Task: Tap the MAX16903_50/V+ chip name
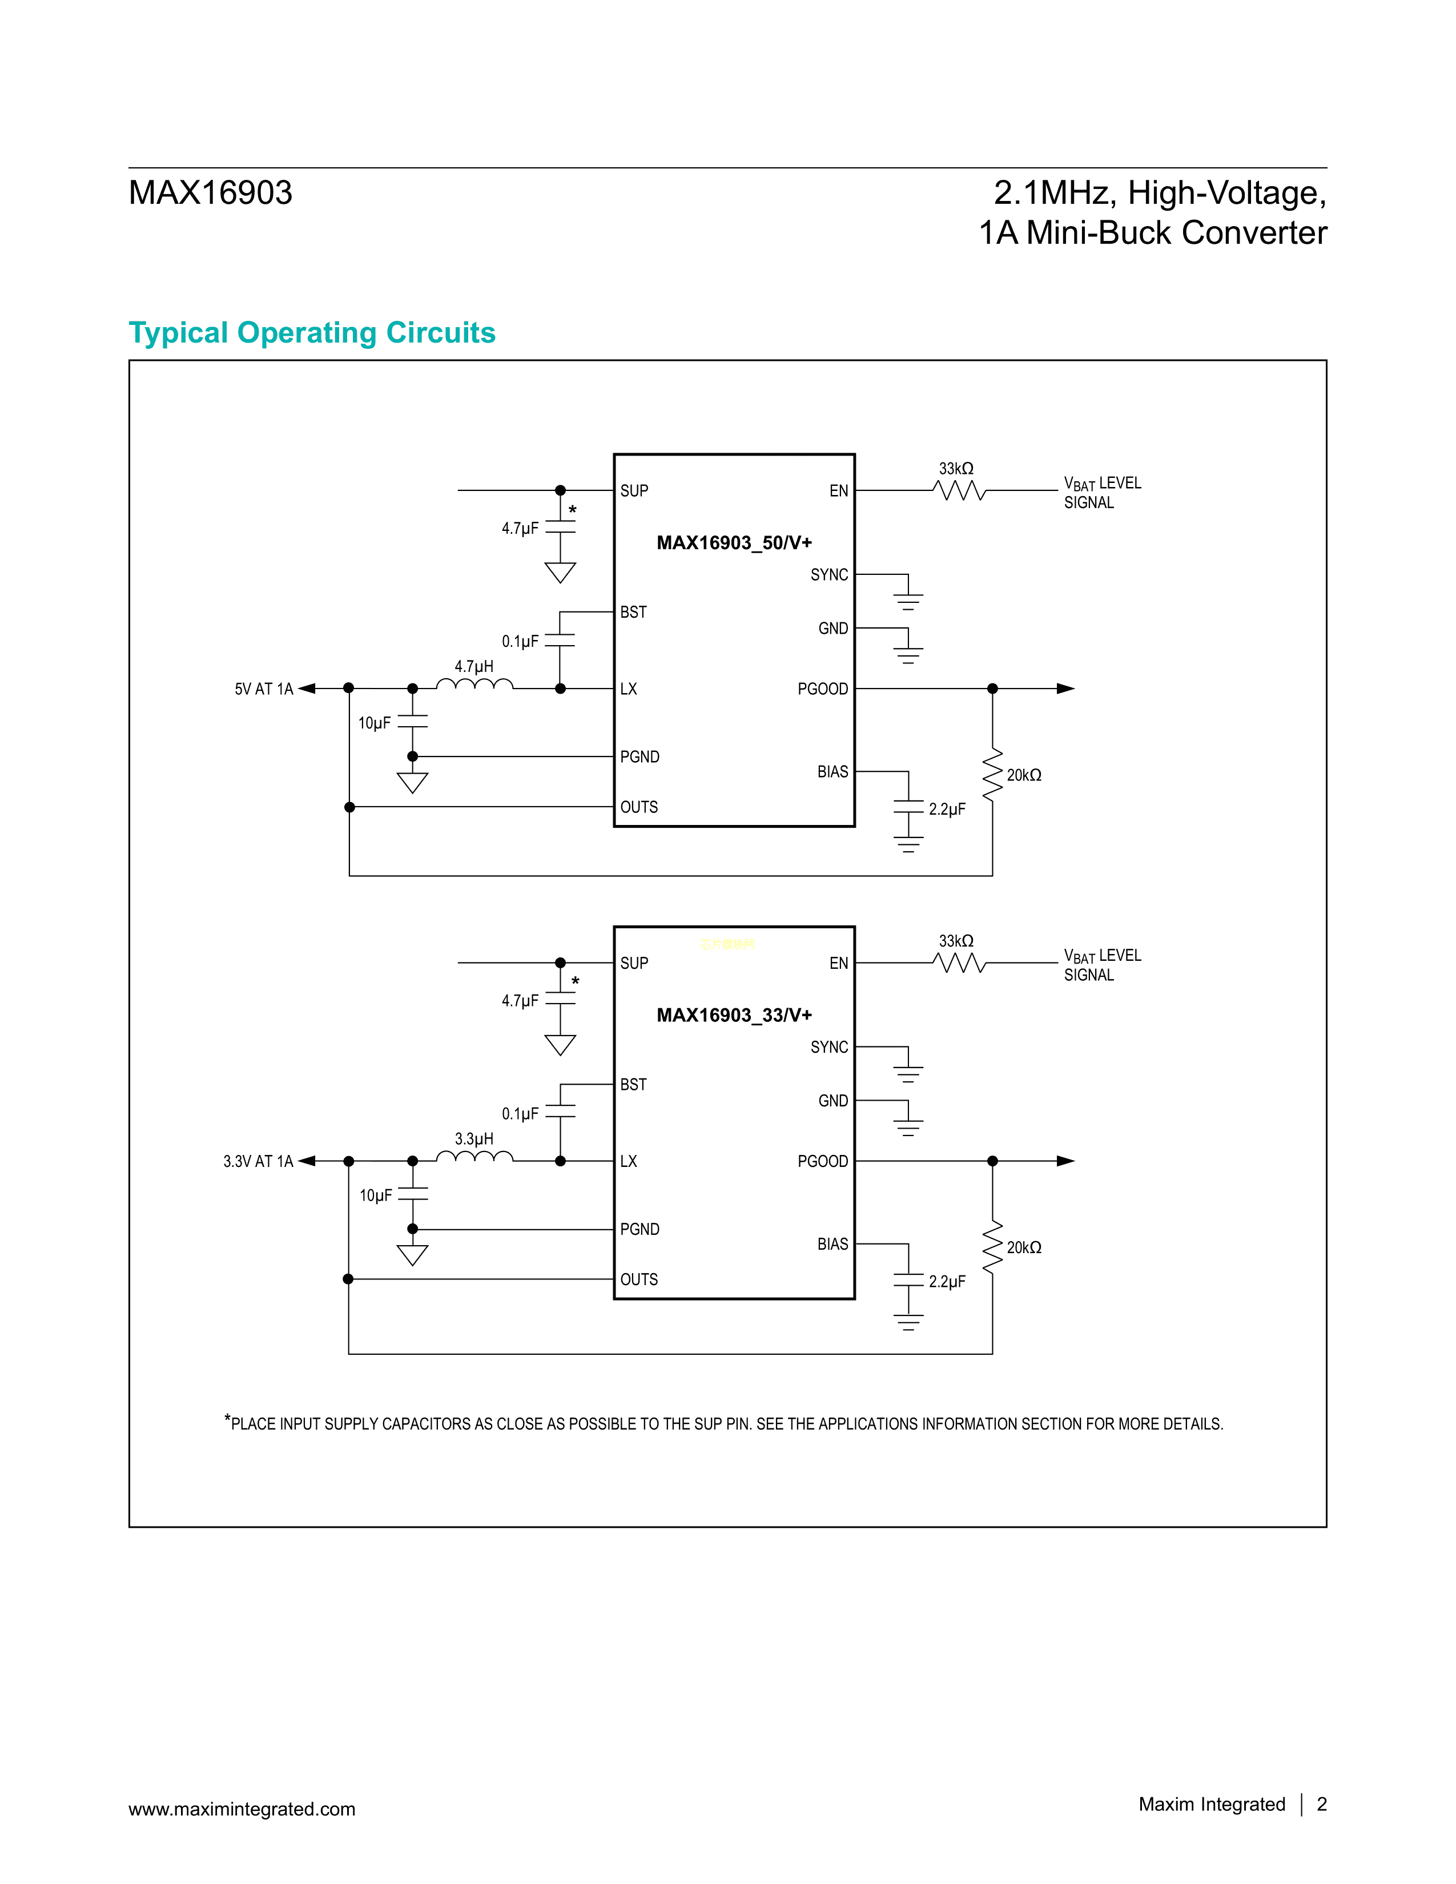[734, 542]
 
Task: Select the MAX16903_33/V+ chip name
[734, 1015]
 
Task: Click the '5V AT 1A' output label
[264, 689]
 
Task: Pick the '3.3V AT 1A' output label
[258, 1162]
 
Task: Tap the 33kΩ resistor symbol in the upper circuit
[958, 491]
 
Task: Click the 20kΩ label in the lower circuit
[1024, 1248]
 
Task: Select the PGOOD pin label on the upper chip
[822, 689]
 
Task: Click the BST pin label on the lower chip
[633, 1084]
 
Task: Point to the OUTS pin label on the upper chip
[638, 807]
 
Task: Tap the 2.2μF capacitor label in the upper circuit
[947, 809]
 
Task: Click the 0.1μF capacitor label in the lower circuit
[520, 1114]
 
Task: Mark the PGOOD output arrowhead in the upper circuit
[1066, 689]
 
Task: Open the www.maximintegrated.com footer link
[242, 1809]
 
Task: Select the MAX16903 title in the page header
[211, 192]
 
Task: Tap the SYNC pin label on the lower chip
[829, 1047]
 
